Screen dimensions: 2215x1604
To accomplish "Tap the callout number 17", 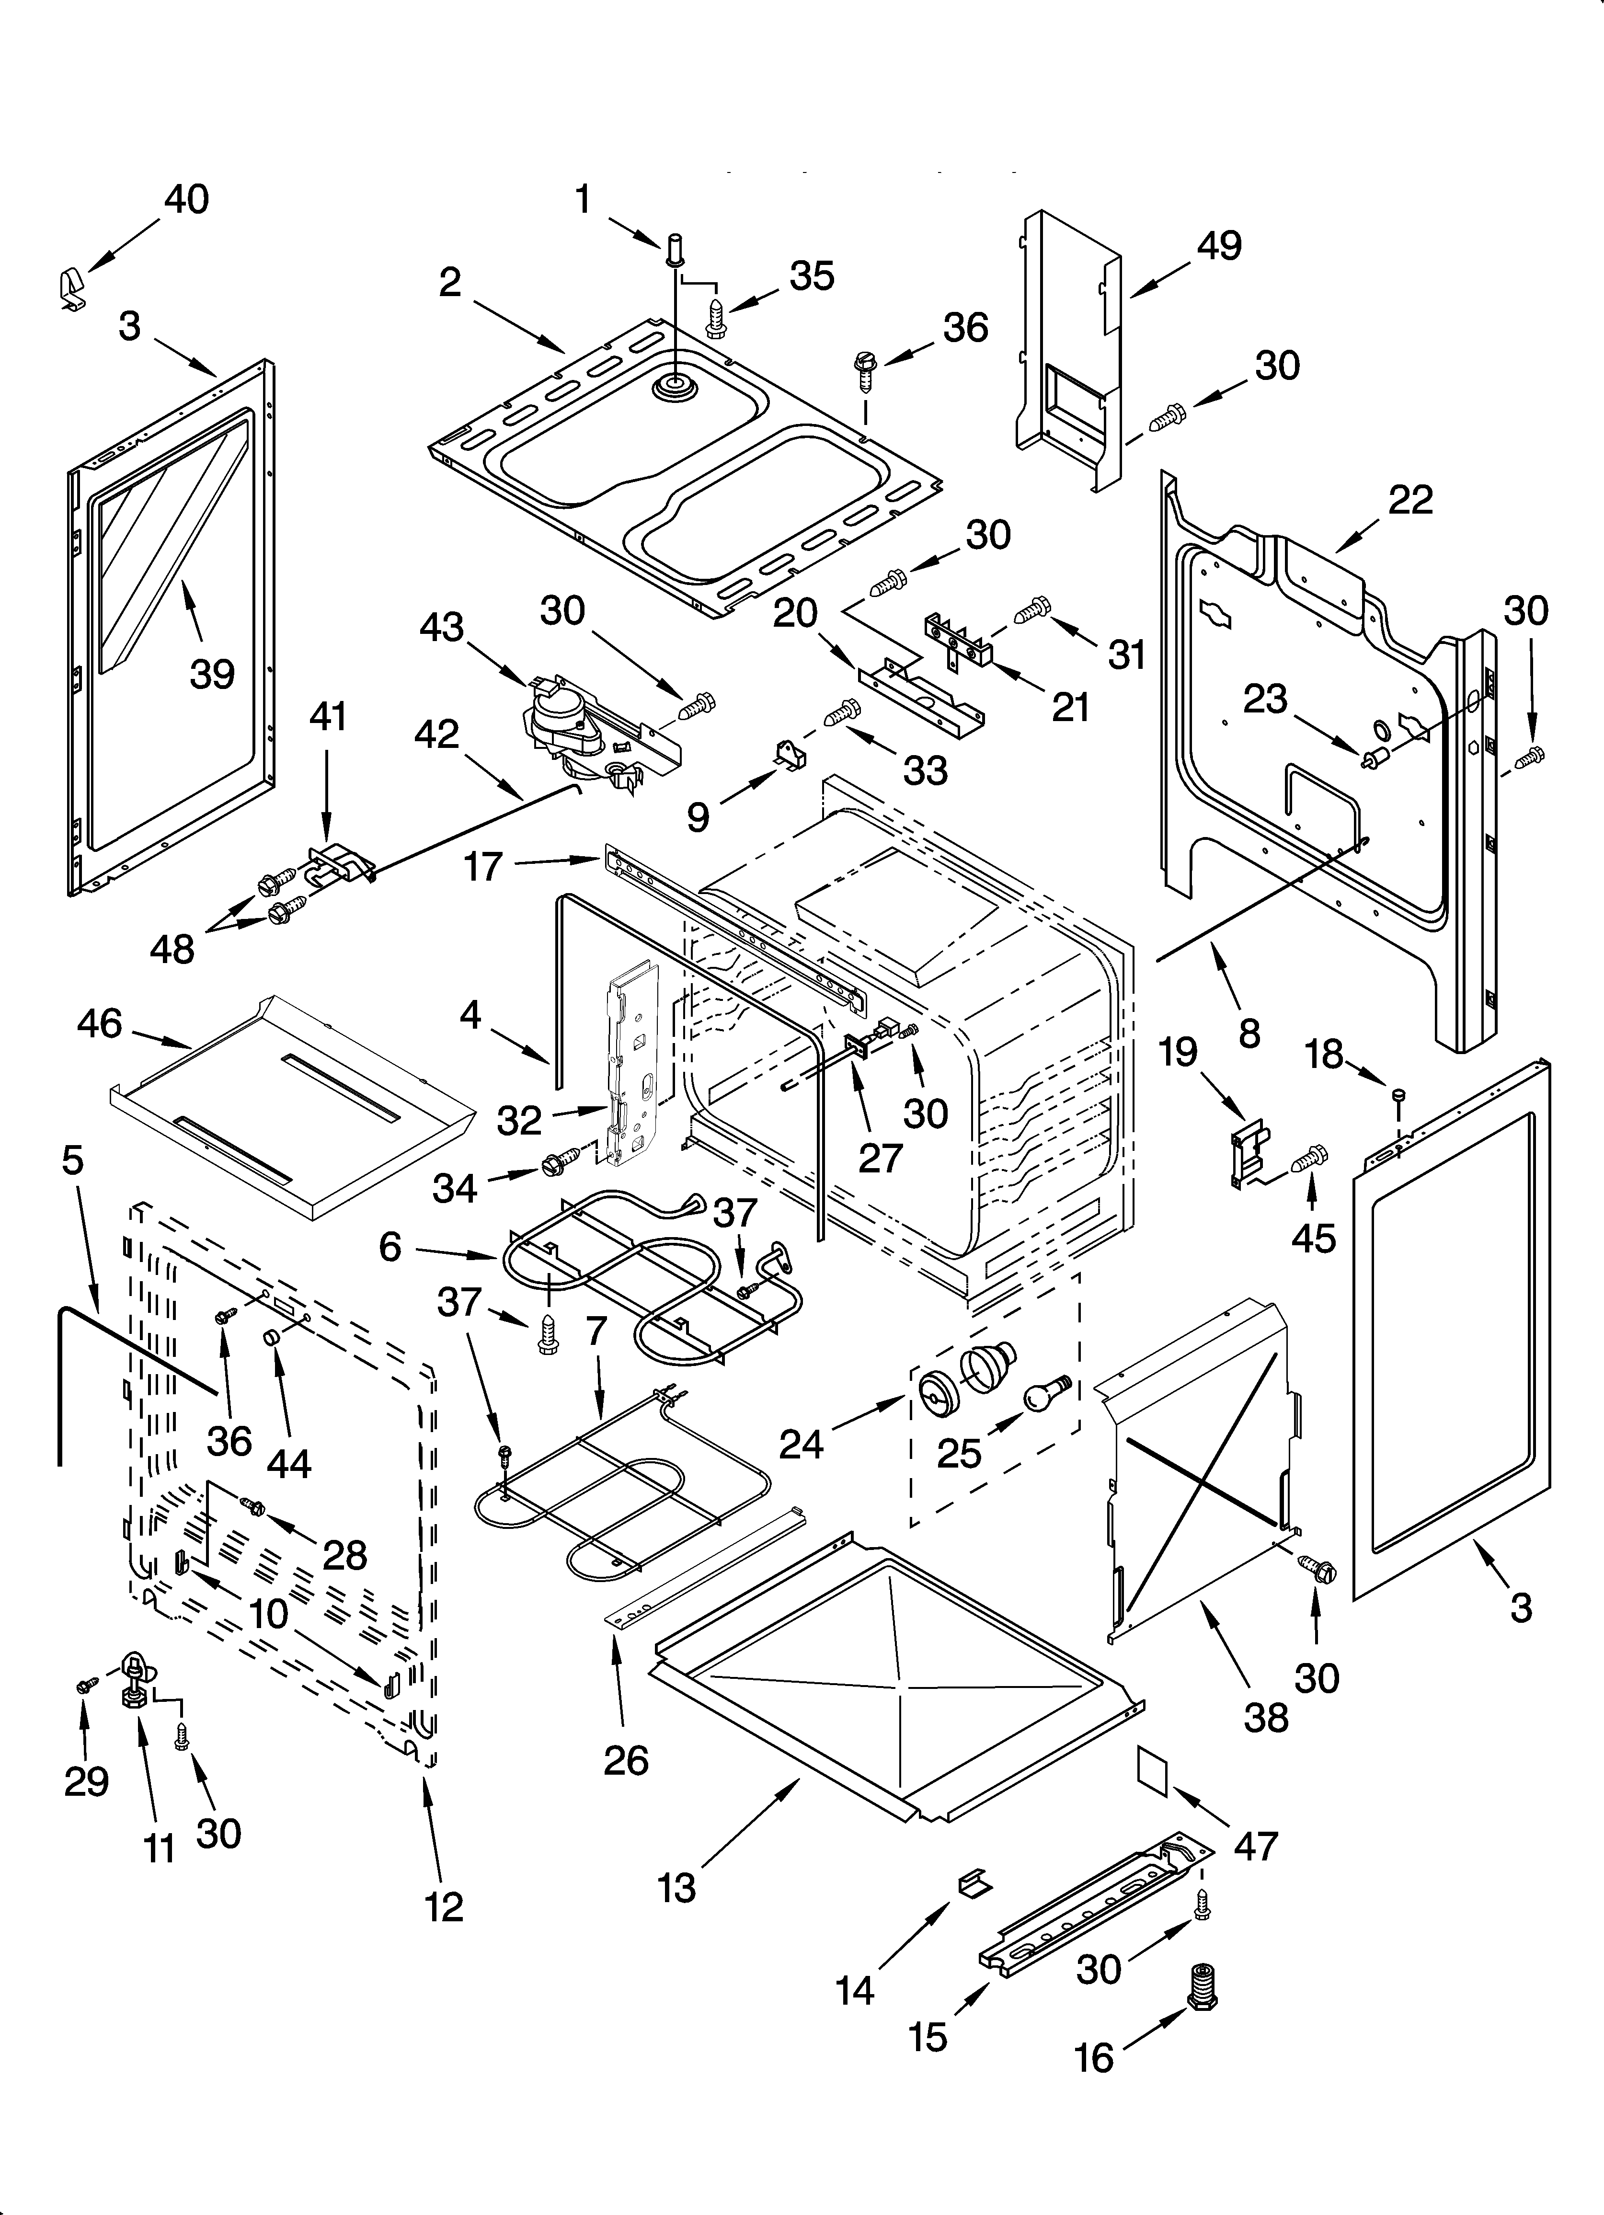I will [482, 866].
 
